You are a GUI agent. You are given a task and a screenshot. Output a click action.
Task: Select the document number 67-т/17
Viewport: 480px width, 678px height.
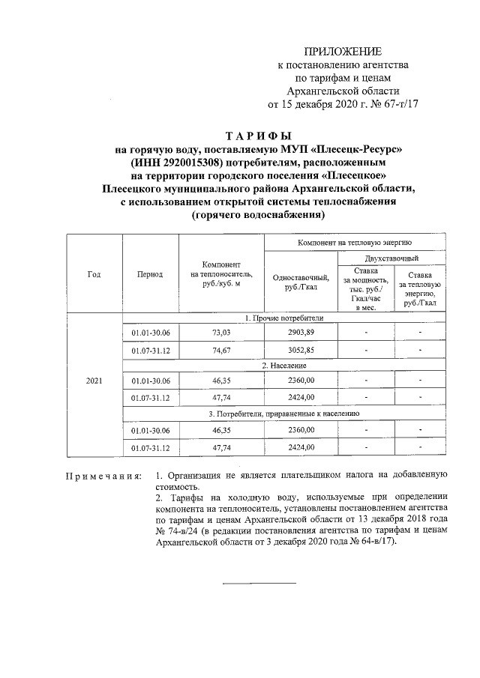coord(397,104)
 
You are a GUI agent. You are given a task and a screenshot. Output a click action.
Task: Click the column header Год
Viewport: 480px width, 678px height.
coord(94,274)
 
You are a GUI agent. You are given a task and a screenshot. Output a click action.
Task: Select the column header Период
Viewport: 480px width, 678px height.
coord(150,274)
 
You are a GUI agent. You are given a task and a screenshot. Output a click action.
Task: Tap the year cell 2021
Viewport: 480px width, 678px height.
coord(94,381)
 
